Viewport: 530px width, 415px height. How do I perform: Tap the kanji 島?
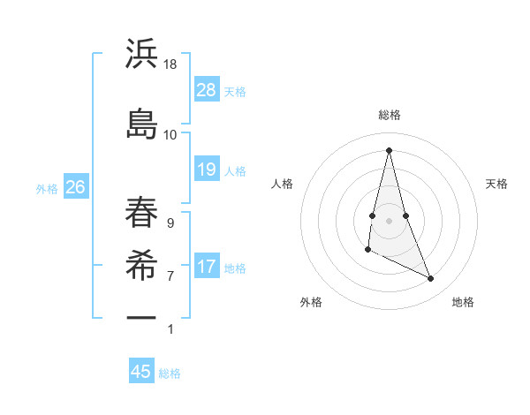[142, 123]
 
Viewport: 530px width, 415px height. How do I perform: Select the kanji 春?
[142, 211]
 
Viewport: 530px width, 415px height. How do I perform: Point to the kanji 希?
[142, 262]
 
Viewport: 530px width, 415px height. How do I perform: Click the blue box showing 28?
[207, 89]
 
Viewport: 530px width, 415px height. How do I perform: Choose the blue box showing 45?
[141, 372]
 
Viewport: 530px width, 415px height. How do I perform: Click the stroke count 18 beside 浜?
[170, 65]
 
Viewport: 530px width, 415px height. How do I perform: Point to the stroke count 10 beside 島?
[170, 135]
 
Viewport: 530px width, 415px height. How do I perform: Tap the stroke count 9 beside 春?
[170, 223]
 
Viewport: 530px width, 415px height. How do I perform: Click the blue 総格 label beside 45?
[170, 373]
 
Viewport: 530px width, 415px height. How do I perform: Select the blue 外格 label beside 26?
[47, 188]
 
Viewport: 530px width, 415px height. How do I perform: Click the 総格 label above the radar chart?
[390, 115]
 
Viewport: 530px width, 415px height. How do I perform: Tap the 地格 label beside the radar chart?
[463, 302]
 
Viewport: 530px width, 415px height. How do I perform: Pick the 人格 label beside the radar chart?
[283, 184]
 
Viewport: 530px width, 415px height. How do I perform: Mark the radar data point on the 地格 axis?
[431, 279]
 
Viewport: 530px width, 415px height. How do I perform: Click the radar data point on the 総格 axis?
[390, 149]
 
